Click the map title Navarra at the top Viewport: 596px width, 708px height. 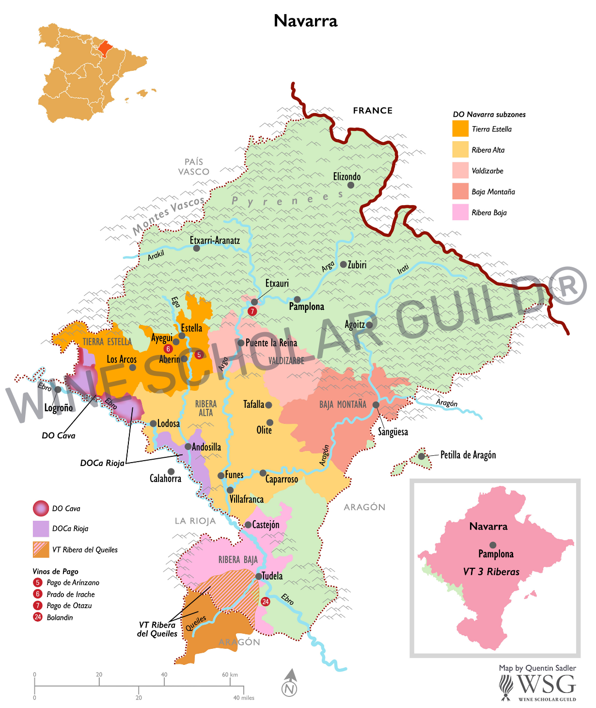(305, 21)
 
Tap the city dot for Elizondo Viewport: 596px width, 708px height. (351, 185)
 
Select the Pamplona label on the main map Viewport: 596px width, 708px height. (306, 306)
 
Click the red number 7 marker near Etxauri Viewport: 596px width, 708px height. (252, 311)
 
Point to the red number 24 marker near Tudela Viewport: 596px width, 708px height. (266, 602)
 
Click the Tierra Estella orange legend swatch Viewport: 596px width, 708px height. (460, 129)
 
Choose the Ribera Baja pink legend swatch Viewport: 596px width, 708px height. (460, 212)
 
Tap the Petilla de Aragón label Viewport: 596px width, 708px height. (468, 455)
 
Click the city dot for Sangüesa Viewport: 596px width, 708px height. (376, 404)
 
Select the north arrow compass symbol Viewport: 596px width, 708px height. (289, 683)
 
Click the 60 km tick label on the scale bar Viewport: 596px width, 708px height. (230, 675)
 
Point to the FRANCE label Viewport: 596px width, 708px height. (373, 111)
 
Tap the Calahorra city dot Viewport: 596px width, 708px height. (171, 471)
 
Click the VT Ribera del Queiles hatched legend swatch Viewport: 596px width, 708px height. (41, 549)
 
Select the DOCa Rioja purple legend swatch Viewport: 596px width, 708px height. (41, 529)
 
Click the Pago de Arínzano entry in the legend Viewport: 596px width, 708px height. (73, 582)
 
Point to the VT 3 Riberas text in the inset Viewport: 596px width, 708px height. (491, 572)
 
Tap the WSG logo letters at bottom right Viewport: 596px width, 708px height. (546, 684)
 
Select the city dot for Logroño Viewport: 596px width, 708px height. (58, 389)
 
